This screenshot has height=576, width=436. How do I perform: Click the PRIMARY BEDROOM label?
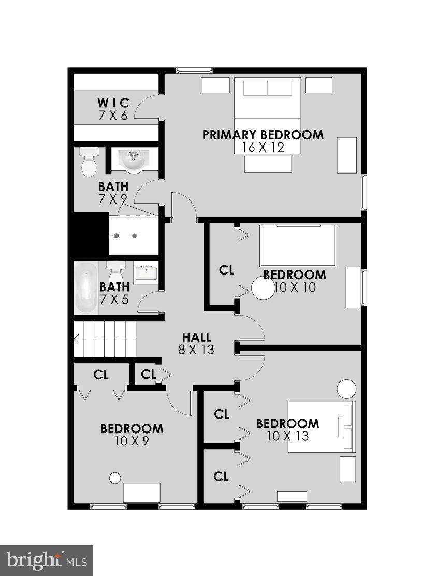(263, 135)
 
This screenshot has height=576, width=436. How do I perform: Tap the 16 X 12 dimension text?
(263, 148)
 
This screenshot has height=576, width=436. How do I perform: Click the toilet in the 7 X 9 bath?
(89, 162)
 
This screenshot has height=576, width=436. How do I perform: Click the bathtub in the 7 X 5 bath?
(86, 289)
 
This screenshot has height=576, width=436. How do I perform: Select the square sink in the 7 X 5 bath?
(147, 272)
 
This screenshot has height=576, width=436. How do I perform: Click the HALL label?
(196, 337)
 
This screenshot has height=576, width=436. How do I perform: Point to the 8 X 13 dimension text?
(196, 350)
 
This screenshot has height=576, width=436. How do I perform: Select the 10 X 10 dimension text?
(295, 287)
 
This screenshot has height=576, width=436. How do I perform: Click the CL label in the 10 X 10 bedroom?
(227, 270)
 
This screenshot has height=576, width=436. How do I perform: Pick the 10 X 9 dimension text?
(132, 441)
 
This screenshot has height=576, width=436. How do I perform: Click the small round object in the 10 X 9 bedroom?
(115, 478)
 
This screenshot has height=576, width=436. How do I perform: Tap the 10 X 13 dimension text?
(287, 436)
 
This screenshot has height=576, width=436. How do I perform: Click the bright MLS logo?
(47, 560)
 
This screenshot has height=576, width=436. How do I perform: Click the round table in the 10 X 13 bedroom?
(346, 388)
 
